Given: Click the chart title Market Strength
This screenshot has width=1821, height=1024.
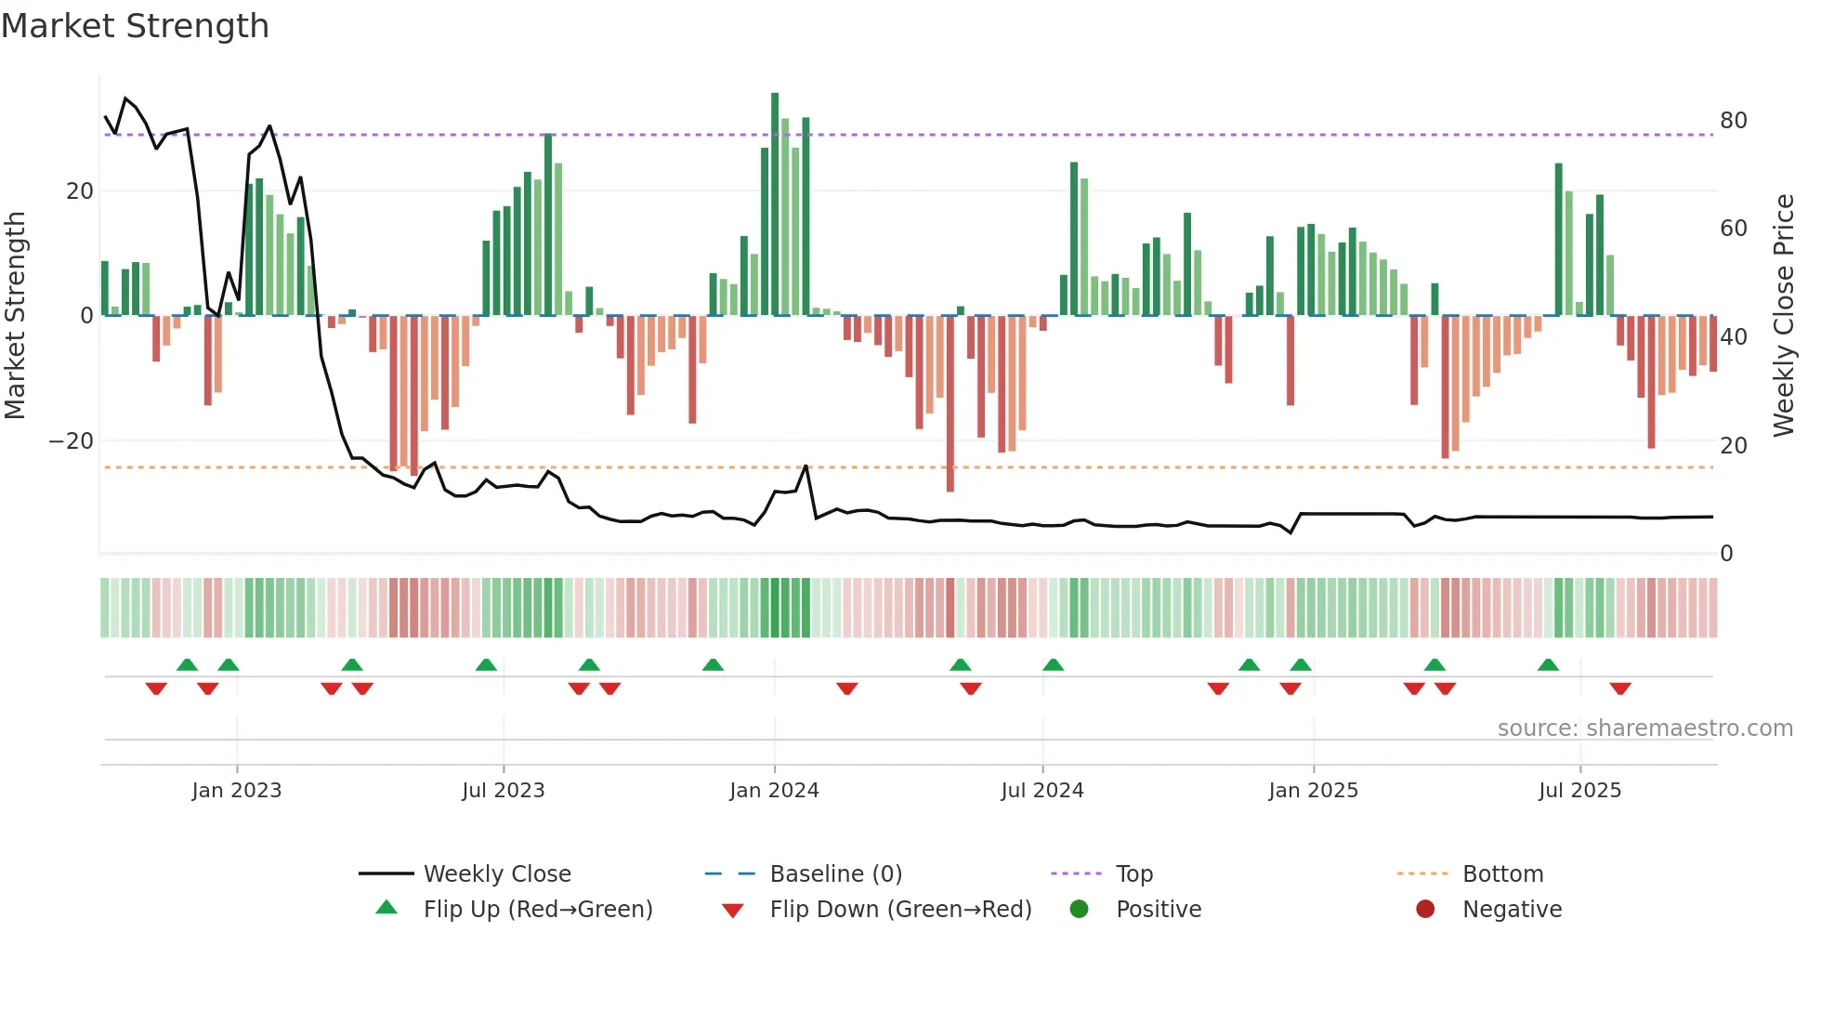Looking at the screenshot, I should click(x=135, y=26).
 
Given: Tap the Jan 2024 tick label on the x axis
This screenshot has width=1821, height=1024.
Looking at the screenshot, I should click(x=774, y=791).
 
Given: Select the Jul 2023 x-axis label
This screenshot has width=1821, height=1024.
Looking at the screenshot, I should click(x=503, y=791).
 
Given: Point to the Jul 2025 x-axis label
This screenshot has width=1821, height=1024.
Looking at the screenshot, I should click(x=1579, y=791).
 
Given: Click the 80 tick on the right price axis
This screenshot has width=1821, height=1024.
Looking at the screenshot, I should click(x=1733, y=121).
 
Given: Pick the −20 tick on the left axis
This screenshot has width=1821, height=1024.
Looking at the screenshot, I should click(x=72, y=441).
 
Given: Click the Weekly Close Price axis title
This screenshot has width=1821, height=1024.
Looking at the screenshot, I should click(x=1783, y=316).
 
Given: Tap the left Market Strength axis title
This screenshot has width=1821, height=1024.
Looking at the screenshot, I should click(x=16, y=316).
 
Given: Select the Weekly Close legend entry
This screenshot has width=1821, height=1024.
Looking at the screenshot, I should click(x=496, y=874).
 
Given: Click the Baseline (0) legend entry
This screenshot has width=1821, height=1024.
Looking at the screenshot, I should click(x=835, y=874).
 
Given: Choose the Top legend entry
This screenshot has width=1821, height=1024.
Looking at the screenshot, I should click(x=1133, y=874).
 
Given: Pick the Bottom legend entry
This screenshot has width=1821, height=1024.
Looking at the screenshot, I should click(x=1502, y=874).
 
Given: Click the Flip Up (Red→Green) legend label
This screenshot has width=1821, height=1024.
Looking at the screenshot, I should click(x=537, y=910).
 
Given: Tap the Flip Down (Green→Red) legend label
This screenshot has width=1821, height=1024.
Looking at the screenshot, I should click(x=900, y=910).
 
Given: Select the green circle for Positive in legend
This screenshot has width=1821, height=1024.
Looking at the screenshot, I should click(x=1079, y=909).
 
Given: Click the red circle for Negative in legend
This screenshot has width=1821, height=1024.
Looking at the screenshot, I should click(x=1425, y=909).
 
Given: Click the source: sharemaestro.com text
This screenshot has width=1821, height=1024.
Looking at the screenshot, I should click(x=1644, y=729).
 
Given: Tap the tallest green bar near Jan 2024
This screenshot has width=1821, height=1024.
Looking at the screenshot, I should click(x=775, y=204).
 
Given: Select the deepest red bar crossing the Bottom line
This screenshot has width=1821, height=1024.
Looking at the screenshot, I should click(x=950, y=404).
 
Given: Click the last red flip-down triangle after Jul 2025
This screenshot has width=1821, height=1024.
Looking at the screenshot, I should click(x=1620, y=689).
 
